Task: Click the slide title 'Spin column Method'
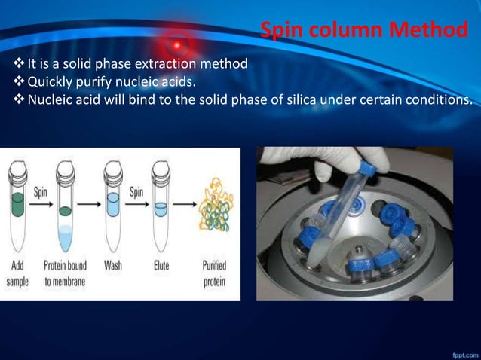click(363, 31)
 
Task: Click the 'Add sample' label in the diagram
click(19, 273)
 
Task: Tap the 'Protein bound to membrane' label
click(65, 273)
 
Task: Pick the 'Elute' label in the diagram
click(161, 266)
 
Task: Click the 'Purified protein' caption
click(215, 273)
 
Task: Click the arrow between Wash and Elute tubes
click(136, 206)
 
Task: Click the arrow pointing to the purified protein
click(185, 206)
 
